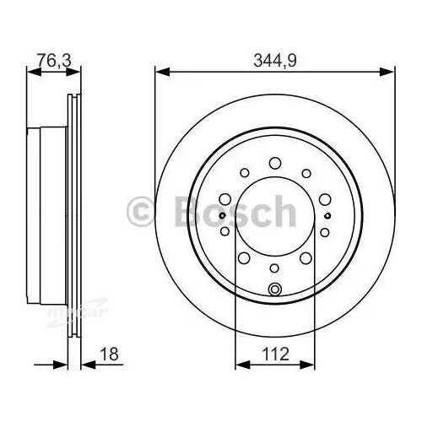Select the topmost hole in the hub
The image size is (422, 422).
point(273,162)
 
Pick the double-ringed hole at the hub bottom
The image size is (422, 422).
point(273,291)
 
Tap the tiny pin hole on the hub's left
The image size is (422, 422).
point(220,215)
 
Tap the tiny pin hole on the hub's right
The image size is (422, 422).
point(327,215)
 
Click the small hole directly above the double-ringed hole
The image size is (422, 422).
point(273,268)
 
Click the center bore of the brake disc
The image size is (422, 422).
point(273,216)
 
